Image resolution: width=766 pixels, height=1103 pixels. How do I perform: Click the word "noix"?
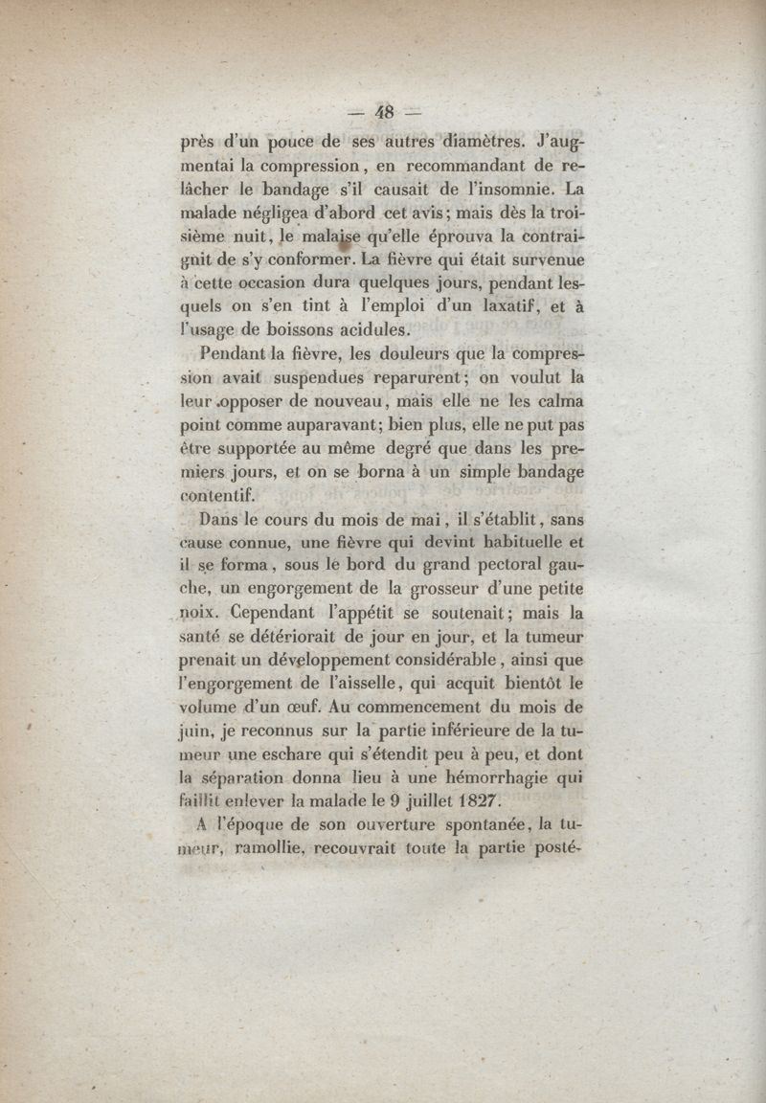pyautogui.click(x=202, y=612)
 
